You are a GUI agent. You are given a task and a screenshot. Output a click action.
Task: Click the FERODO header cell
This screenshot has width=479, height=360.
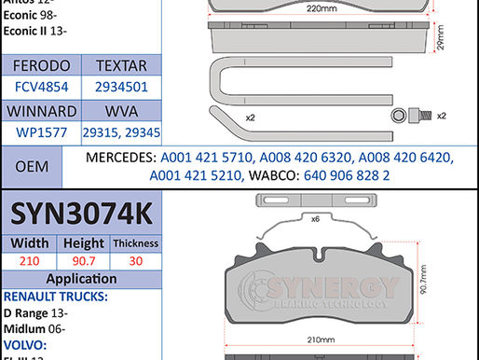tap(41, 66)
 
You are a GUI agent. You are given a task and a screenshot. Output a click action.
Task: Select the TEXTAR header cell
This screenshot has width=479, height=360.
tap(121, 66)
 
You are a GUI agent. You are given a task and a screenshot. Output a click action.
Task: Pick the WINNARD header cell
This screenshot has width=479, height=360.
tap(41, 111)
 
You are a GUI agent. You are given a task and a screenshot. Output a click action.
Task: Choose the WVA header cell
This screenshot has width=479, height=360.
tap(121, 111)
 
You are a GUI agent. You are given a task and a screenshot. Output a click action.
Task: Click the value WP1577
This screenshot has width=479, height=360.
tap(41, 132)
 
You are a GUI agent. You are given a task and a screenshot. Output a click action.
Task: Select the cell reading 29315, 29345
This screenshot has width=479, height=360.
tap(121, 132)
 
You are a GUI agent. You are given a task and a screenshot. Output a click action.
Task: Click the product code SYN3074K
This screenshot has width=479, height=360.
tap(81, 214)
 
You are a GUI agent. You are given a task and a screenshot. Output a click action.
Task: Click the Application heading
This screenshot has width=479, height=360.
tap(81, 279)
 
